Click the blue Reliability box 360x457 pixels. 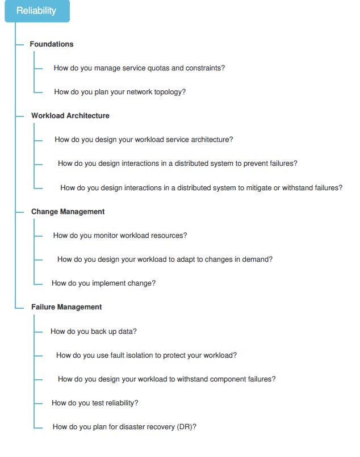tap(37, 11)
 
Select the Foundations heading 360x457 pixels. tap(52, 44)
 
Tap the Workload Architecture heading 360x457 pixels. tap(70, 116)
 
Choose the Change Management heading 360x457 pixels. tap(68, 212)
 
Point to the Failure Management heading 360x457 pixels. tap(66, 307)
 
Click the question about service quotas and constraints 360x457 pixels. tap(139, 68)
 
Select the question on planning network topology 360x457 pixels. tap(120, 92)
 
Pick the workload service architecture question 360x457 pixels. tap(144, 140)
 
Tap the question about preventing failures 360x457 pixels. tap(177, 163)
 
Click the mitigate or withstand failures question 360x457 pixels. tap(201, 188)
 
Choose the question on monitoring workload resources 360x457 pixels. tap(120, 236)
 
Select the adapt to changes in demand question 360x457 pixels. tap(165, 259)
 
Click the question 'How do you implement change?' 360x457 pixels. tap(103, 283)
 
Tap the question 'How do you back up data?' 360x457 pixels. tap(94, 332)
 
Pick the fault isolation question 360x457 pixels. tap(146, 355)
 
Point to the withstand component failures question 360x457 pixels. tap(166, 379)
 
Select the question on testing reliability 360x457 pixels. tap(95, 403)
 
